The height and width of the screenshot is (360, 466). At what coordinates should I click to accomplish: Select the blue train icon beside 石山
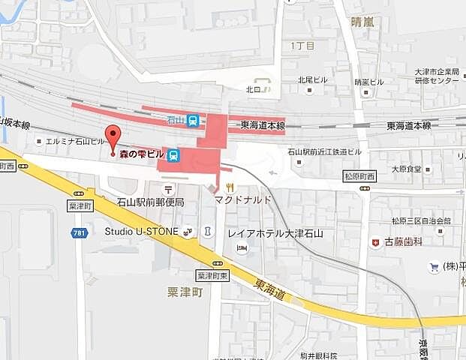[x=194, y=120]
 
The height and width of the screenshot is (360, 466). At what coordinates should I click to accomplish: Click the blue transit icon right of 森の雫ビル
[x=174, y=155]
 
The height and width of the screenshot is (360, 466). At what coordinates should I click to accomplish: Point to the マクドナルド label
[x=242, y=200]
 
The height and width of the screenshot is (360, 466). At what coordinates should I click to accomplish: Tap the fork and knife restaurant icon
[x=230, y=187]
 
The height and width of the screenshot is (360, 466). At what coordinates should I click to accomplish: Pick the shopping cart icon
[x=434, y=266]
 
